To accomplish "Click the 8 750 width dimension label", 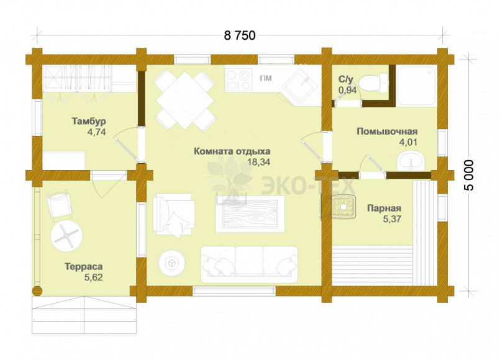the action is coord(240,35).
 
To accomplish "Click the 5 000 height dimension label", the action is coord(469,175).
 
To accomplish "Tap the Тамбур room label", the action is coord(89,122).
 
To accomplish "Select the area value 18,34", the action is coord(259,162).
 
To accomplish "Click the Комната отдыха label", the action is coord(232,151).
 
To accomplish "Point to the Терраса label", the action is coord(84,266).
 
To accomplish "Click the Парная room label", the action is coord(384,209).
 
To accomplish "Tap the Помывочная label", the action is coord(387,131).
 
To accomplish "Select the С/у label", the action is coord(346,79).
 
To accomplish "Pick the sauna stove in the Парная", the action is coord(343,207).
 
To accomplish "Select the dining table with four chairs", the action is coord(184,100).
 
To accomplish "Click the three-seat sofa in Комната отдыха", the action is coord(249,264).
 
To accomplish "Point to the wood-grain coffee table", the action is coord(250,214).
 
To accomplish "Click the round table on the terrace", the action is coord(66,235).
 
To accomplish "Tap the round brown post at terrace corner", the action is coord(37,291).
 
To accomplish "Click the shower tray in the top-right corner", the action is coord(416,86).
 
